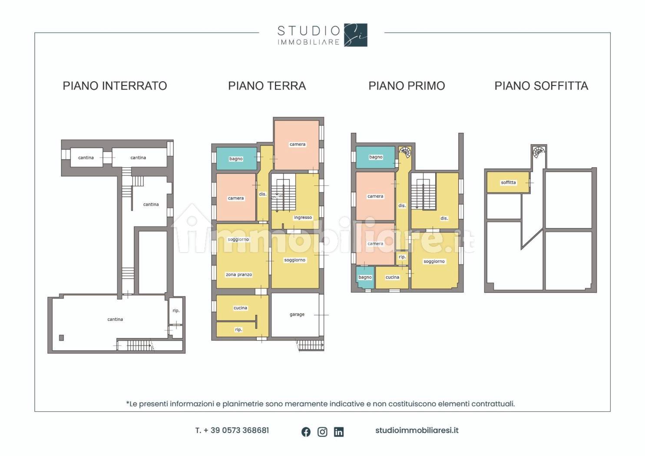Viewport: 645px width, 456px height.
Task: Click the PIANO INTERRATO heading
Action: (115, 86)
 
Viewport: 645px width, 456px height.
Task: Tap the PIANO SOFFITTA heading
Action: (541, 86)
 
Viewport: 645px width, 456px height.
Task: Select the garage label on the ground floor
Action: (297, 314)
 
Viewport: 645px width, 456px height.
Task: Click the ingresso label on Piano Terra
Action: (303, 218)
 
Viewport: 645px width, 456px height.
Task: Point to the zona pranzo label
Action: (239, 274)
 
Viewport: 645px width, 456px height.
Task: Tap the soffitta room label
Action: (508, 182)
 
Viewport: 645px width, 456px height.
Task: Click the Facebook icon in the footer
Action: (306, 432)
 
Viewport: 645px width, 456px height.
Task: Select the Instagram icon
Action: (322, 432)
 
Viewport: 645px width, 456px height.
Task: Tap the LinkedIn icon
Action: (339, 432)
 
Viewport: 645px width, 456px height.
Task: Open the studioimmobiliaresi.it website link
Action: (417, 430)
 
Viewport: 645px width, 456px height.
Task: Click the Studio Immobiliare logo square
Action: (356, 35)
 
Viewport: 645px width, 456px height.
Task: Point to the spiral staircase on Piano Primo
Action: (405, 152)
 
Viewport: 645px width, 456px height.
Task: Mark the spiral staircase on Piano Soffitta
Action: (539, 152)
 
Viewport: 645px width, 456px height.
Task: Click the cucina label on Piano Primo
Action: (392, 277)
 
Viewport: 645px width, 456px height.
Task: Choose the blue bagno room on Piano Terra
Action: (236, 159)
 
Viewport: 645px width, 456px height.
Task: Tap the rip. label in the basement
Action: (176, 311)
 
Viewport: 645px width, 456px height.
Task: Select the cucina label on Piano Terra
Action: (240, 308)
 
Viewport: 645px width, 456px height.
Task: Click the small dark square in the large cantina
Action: (61, 338)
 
